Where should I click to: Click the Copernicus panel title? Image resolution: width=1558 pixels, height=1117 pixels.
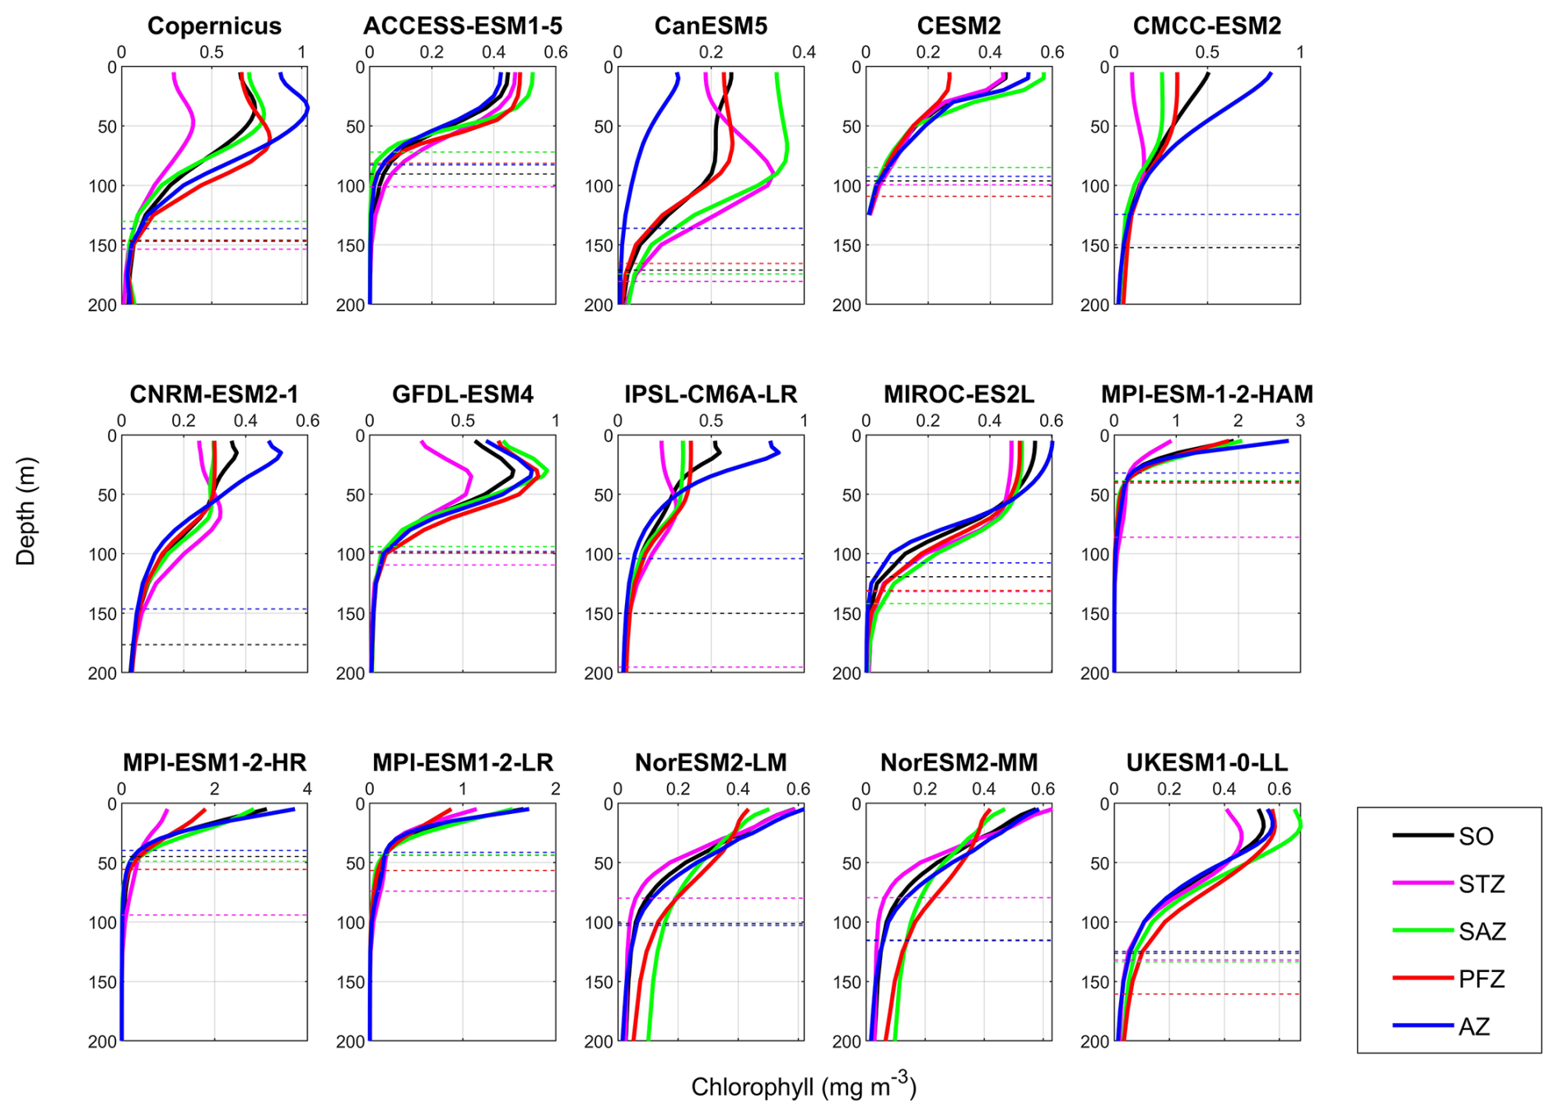[214, 26]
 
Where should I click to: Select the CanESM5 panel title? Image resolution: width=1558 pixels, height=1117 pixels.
[711, 26]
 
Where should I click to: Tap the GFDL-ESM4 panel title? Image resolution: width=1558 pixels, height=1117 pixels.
[463, 395]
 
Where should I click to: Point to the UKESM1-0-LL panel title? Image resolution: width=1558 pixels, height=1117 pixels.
[1207, 763]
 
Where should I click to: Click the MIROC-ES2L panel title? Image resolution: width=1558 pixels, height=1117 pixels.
[959, 395]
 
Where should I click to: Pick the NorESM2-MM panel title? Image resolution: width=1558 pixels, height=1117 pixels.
[959, 763]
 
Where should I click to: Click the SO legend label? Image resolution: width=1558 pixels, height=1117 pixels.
[1476, 837]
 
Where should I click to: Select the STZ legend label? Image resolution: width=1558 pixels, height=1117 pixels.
[1481, 885]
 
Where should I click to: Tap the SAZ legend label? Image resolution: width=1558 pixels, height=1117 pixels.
[1481, 932]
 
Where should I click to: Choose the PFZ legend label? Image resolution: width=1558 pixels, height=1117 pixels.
[1481, 980]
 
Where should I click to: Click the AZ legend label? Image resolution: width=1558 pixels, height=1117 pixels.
[1474, 1027]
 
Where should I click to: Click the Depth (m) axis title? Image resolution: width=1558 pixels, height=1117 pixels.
[26, 511]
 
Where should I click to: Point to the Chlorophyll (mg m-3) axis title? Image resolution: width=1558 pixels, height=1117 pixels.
[804, 1087]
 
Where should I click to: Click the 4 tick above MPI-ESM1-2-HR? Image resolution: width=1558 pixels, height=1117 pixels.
[307, 789]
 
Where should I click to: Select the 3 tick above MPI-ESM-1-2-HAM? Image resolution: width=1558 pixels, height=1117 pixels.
[1300, 421]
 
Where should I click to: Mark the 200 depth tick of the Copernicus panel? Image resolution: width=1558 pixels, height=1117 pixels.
[102, 305]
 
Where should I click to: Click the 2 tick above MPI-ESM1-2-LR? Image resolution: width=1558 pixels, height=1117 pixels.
[556, 789]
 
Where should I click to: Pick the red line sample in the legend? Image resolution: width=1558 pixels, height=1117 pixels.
[1422, 979]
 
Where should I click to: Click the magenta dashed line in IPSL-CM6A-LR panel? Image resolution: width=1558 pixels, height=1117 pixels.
[711, 668]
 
